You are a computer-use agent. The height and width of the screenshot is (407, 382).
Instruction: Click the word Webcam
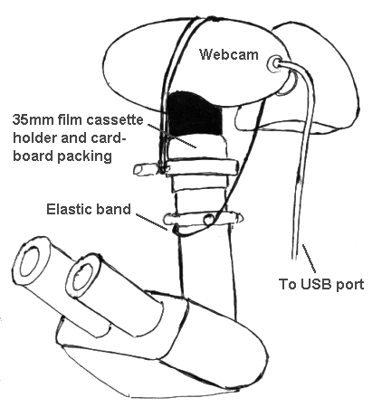[229, 55]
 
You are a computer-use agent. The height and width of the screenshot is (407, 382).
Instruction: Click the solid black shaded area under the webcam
[194, 114]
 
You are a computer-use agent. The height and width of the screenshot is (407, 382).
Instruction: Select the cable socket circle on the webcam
[274, 63]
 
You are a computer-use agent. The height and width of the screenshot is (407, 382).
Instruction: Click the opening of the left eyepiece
[29, 261]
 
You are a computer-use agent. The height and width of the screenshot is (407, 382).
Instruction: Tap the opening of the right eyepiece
[82, 278]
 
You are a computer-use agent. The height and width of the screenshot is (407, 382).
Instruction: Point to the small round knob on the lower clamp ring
[208, 219]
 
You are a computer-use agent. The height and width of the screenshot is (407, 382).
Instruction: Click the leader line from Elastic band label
[151, 222]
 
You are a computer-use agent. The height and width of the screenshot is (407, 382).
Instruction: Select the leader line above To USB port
[310, 259]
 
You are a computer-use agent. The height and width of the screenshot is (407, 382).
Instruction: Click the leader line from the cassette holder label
[172, 136]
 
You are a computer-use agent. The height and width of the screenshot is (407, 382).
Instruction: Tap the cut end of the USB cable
[295, 258]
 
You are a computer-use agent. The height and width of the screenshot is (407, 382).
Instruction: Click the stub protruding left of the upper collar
[146, 169]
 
